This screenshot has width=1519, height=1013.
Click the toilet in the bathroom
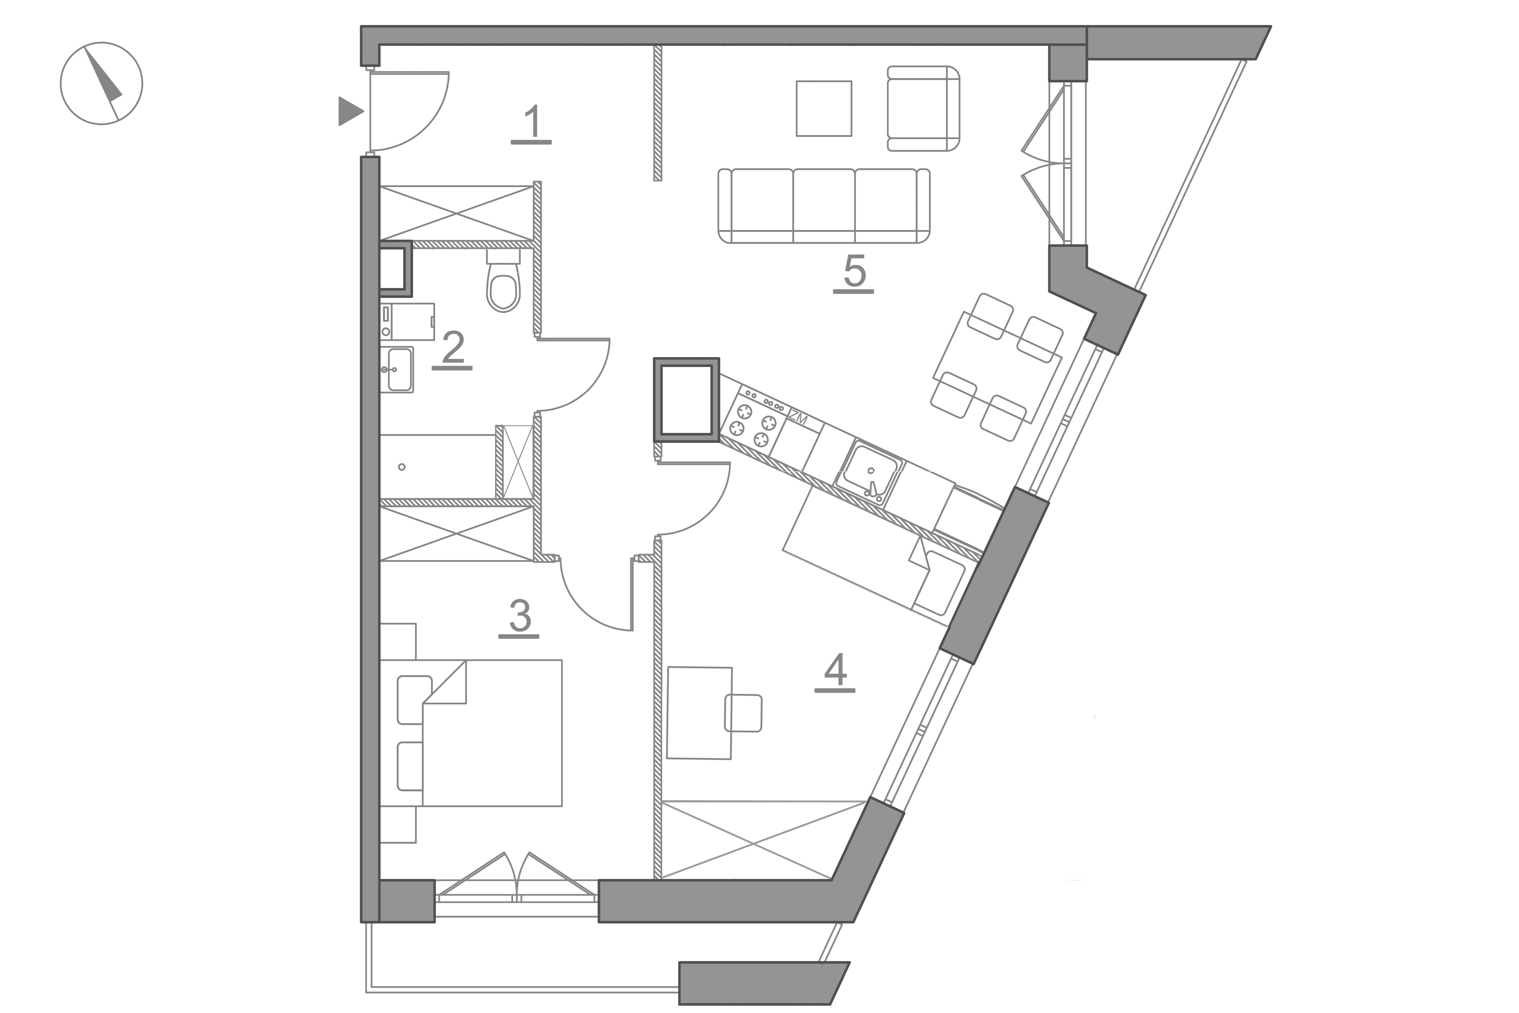point(503,282)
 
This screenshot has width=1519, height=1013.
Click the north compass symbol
point(101,83)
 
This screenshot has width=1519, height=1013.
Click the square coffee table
point(824,108)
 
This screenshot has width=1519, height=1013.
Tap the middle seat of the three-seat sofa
point(824,205)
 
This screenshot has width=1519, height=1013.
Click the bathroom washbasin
point(398,370)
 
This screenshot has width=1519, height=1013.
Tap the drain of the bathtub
point(402,467)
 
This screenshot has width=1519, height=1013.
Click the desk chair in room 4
point(743,713)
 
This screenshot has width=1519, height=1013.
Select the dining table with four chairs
point(997,367)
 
